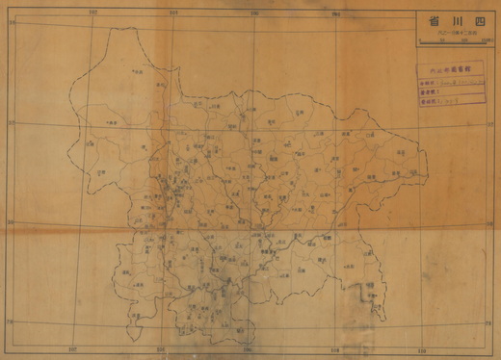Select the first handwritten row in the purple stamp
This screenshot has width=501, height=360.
click(447, 83)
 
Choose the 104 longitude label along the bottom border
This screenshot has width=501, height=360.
click(162, 347)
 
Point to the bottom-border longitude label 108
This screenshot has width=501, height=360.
click(333, 348)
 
